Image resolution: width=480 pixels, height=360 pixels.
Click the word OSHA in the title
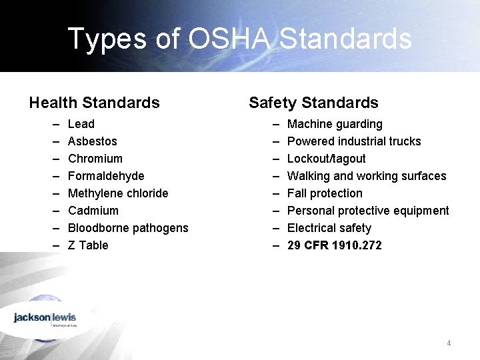[x=230, y=39]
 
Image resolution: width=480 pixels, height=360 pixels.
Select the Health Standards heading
[x=94, y=103]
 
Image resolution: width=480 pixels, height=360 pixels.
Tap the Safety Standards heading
[x=313, y=103]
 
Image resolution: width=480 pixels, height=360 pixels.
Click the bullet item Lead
[x=81, y=124]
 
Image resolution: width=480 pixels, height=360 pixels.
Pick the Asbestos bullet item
[x=93, y=141]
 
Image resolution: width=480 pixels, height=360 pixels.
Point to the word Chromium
[x=95, y=159]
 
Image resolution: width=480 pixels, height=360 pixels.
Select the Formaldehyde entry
[x=106, y=176]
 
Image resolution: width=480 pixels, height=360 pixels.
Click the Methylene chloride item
[x=118, y=193]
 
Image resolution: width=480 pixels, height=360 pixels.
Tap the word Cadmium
[x=93, y=211]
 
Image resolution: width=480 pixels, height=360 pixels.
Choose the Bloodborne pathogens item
[x=128, y=228]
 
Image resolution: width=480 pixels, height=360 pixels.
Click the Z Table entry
[x=88, y=245]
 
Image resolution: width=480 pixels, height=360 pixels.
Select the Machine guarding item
[x=335, y=124]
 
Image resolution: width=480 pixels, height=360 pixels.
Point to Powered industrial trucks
[x=354, y=141]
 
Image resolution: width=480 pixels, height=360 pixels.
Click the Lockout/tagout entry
[x=326, y=159]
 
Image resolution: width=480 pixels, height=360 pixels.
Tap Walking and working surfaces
[x=367, y=176]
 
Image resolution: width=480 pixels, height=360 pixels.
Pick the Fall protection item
[x=325, y=193]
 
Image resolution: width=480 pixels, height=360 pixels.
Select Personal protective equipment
[x=368, y=211]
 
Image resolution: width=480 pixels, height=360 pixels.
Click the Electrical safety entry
[x=329, y=228]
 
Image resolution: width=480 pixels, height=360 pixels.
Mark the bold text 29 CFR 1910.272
[x=335, y=245]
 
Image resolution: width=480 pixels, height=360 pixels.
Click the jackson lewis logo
[x=45, y=318]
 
